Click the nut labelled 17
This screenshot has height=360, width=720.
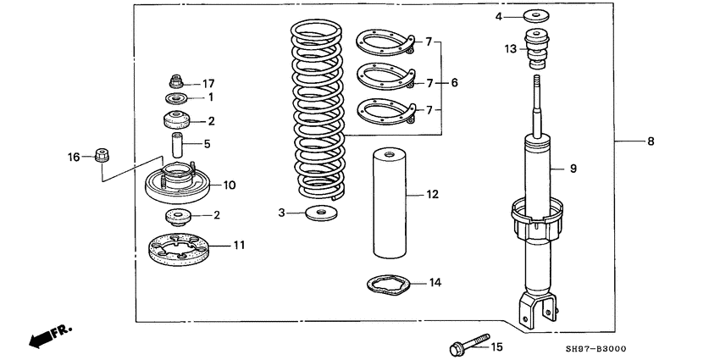pos(174,82)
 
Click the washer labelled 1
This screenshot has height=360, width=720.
pos(176,99)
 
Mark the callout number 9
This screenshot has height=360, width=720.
pos(573,169)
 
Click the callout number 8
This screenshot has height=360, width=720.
pos(651,141)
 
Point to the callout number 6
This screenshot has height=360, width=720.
pos(454,83)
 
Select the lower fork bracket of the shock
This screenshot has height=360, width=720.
pos(541,308)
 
